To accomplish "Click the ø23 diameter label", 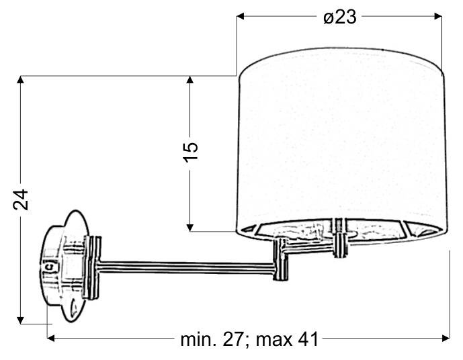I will (339, 17).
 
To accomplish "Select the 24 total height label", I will (22, 199).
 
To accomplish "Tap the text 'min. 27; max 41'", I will (249, 339).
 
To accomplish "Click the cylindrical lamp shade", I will (341, 144).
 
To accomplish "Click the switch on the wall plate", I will (48, 267).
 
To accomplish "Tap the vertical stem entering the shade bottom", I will (339, 238).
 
